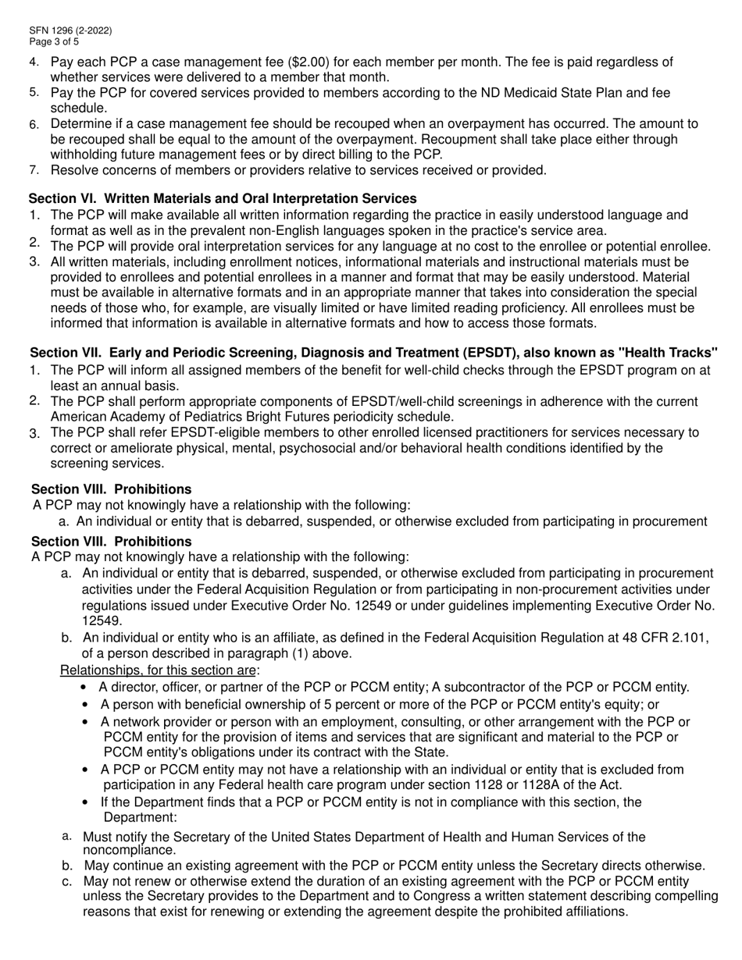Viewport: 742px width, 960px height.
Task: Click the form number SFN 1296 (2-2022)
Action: [70, 31]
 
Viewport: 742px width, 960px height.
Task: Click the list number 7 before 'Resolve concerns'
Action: [34, 169]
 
